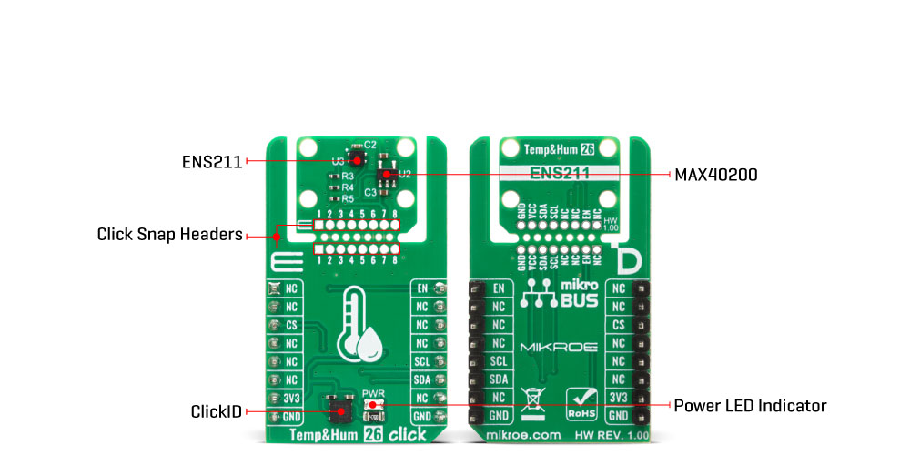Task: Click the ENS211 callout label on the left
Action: pyautogui.click(x=211, y=162)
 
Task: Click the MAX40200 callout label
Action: pyautogui.click(x=714, y=173)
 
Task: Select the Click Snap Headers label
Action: pyautogui.click(x=168, y=235)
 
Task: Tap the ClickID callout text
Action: pyautogui.click(x=216, y=412)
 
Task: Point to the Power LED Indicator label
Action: pyautogui.click(x=749, y=405)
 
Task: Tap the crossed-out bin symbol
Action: pyautogui.click(x=530, y=401)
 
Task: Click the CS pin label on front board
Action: pyautogui.click(x=291, y=325)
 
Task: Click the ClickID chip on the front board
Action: pyautogui.click(x=342, y=410)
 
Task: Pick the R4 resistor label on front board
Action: pyautogui.click(x=347, y=187)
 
